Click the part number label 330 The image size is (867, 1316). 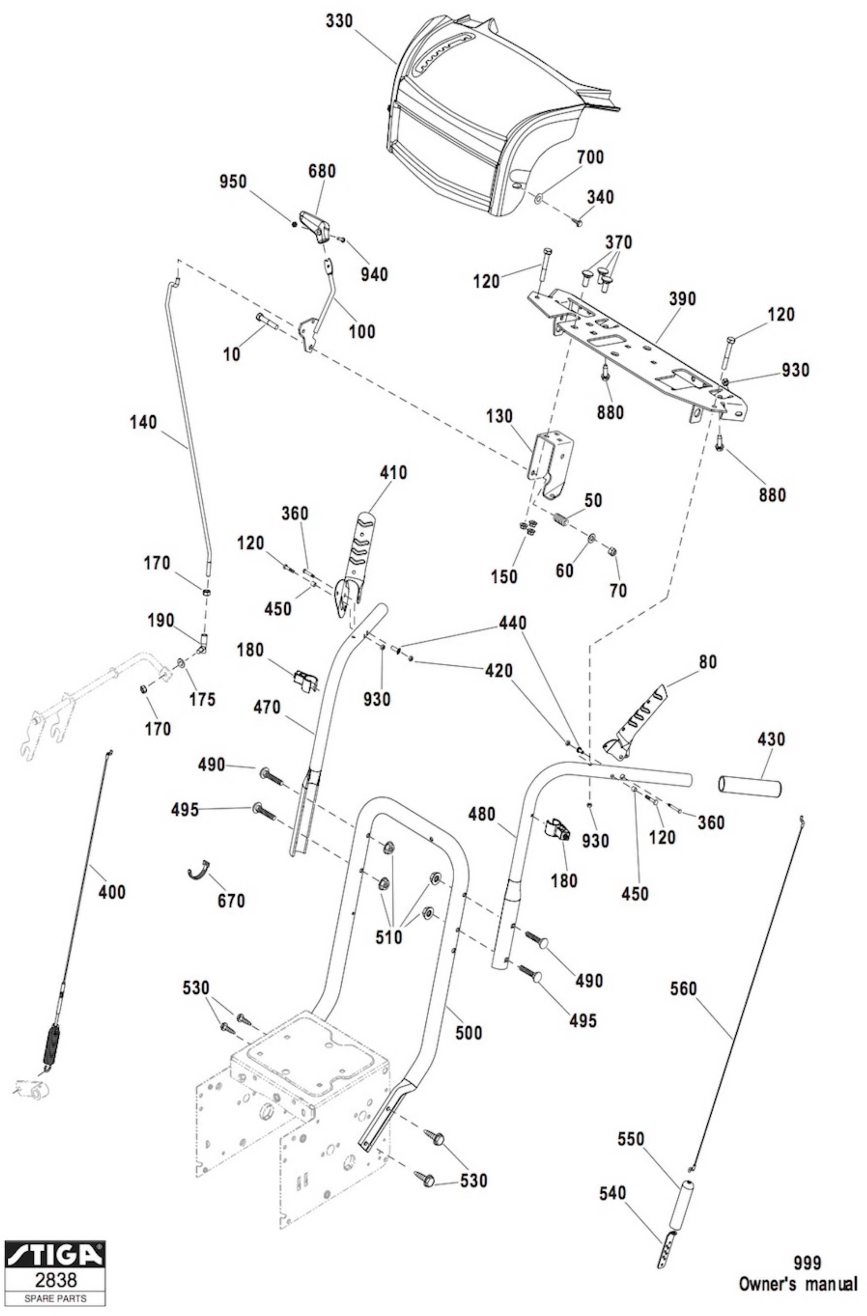coord(338,22)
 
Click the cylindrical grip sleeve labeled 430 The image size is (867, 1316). coord(750,786)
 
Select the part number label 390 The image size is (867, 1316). coord(682,299)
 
